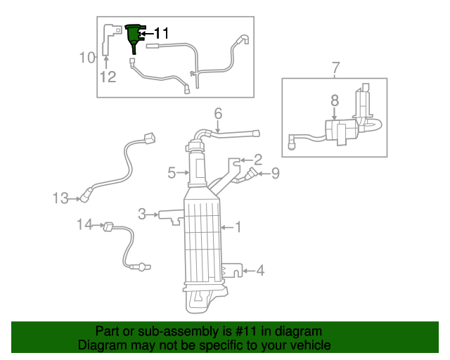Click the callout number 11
coord(161,32)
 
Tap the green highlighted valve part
coord(132,37)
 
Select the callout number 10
coord(87,57)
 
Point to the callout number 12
coord(107,77)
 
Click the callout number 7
coord(335,67)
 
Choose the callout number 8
coord(335,101)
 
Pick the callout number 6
coord(218,112)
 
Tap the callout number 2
coord(258,159)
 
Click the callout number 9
coord(275,172)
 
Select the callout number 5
coord(171,172)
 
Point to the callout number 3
coord(142,213)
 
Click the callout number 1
coord(238,226)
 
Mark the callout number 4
coord(259,269)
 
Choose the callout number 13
coord(60,198)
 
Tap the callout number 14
coord(84,224)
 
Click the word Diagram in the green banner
coord(101,345)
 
